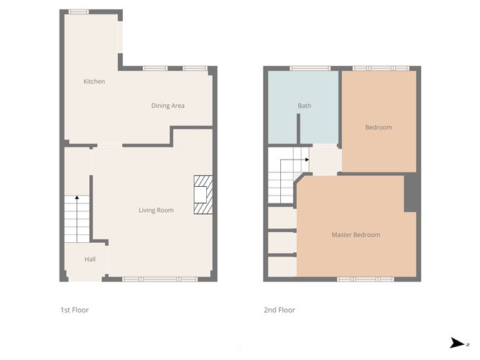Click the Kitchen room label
point(94,81)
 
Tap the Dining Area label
point(167,106)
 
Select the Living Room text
point(156,210)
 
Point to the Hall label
point(90,259)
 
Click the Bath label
point(305,106)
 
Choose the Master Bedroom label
point(355,234)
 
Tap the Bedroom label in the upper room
point(378,127)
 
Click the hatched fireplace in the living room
point(203,195)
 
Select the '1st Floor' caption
point(74,310)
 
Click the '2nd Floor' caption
point(280,310)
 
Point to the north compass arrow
point(456,343)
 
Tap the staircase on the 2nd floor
point(283,180)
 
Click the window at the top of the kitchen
point(79,11)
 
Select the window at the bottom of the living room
point(160,279)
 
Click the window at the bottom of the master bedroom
point(365,279)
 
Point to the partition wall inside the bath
point(298,129)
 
